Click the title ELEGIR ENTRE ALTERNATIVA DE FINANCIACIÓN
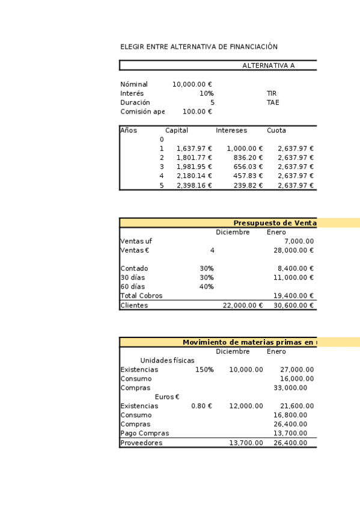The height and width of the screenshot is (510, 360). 199,47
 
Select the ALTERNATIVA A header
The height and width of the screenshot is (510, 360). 268,66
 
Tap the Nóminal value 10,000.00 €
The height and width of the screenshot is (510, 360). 192,85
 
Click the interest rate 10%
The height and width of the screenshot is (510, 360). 207,94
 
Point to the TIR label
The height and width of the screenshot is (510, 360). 272,94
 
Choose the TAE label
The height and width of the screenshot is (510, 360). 273,103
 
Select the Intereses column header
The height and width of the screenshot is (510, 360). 231,131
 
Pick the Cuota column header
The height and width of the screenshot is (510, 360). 276,131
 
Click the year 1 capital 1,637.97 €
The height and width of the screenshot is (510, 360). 194,149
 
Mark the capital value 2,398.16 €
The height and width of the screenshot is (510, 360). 194,186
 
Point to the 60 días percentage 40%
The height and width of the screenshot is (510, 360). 207,287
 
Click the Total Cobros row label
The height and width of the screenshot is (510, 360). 141,296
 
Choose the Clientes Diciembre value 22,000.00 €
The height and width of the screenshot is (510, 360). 243,306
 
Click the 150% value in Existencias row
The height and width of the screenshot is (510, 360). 204,370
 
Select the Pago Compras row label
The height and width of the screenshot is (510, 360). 145,434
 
